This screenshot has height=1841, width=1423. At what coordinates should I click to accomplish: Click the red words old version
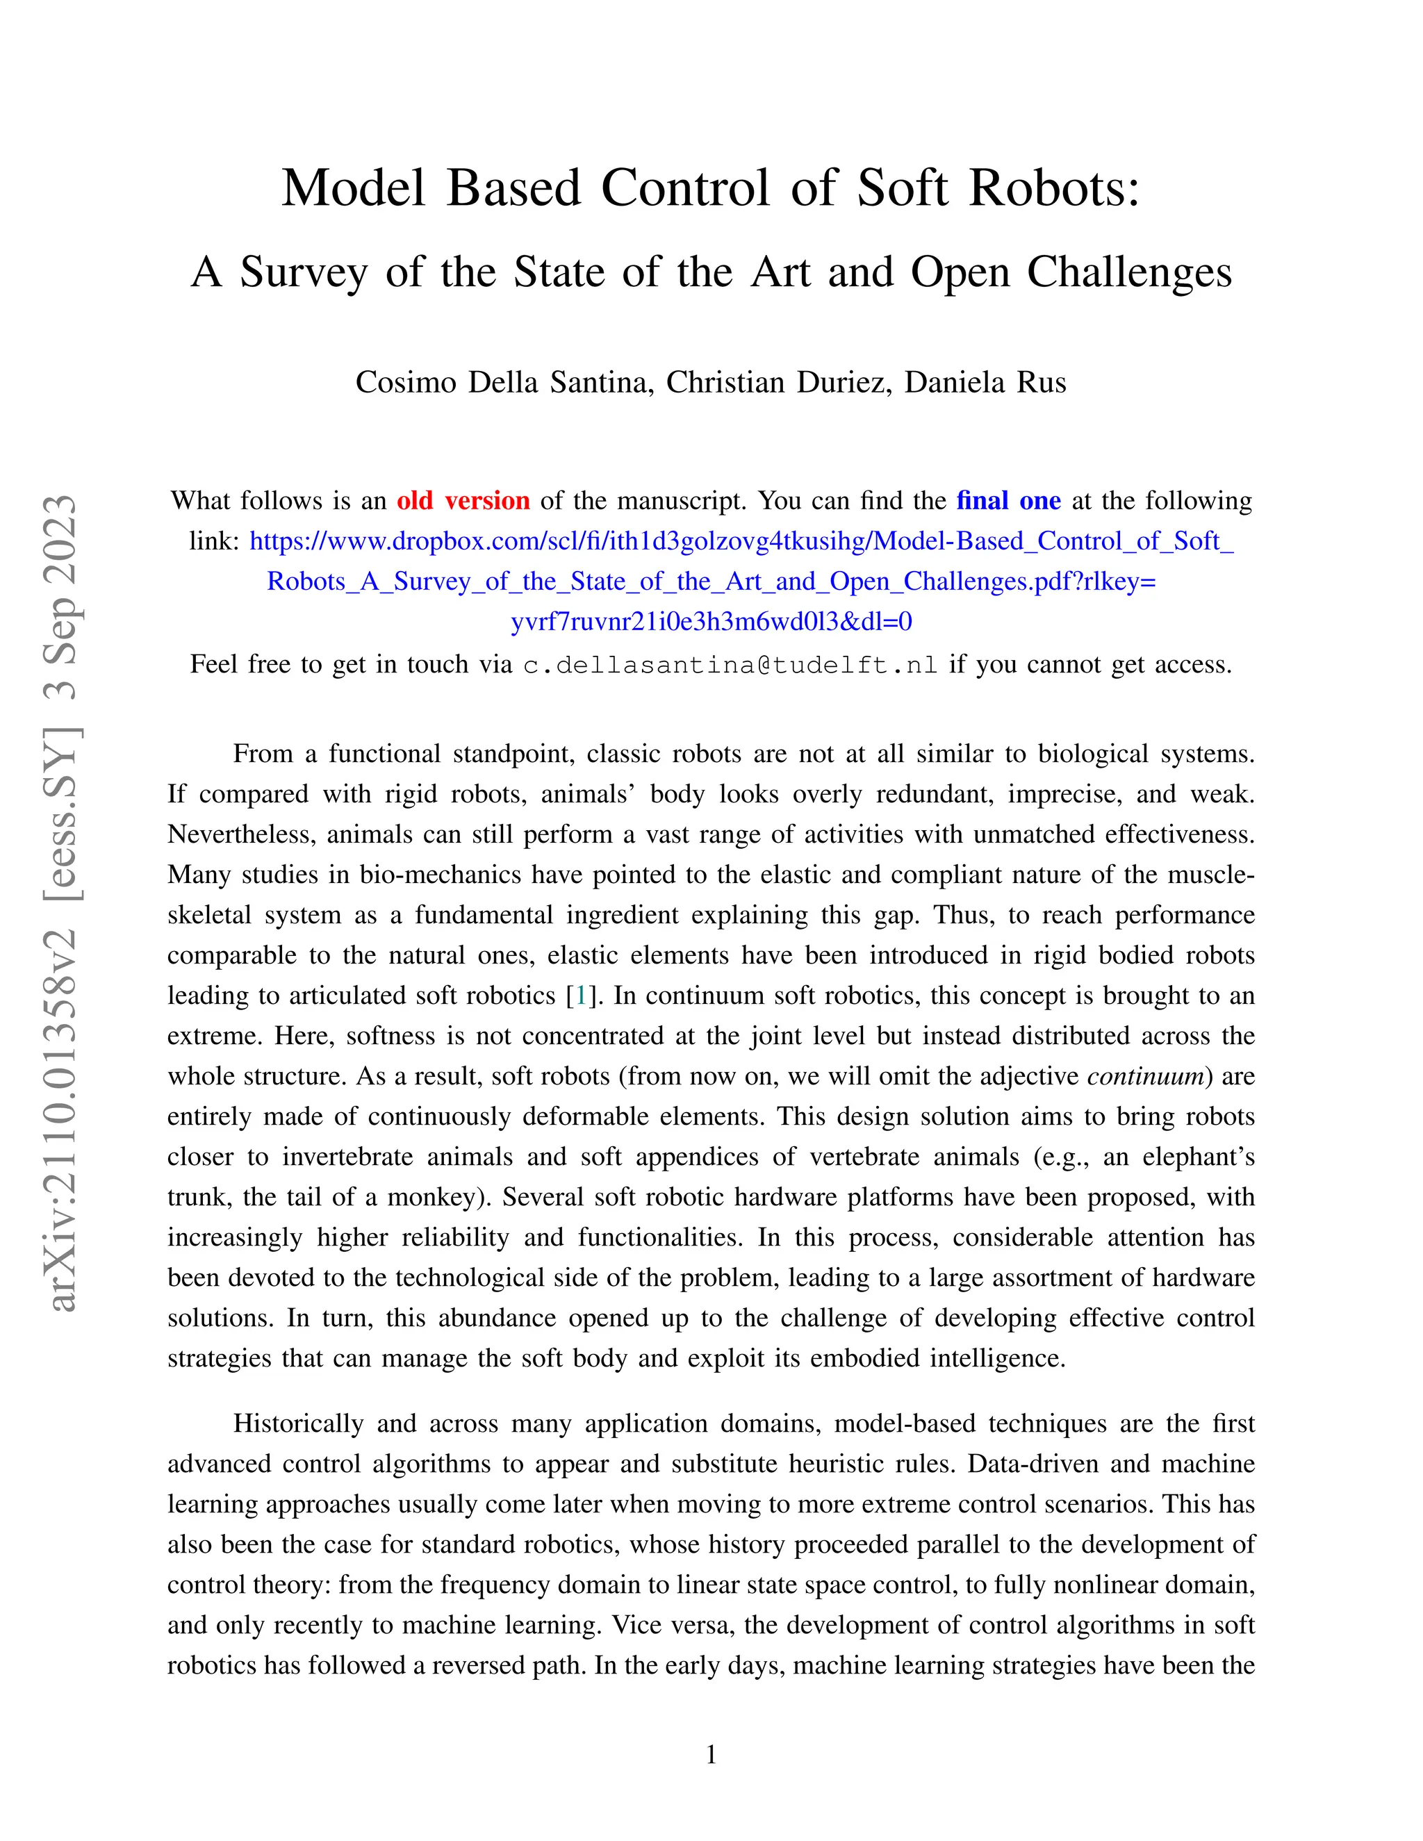[463, 501]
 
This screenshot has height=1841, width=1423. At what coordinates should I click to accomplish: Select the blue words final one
[1008, 501]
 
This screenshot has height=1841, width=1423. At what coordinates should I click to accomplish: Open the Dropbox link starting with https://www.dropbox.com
[742, 541]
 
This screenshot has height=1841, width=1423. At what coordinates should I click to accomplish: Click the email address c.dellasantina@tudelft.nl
[730, 665]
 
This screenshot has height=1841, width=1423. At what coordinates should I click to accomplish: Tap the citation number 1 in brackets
[580, 996]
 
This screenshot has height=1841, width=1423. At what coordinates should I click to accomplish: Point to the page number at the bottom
[711, 1754]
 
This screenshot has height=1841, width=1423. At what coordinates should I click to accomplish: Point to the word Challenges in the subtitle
[1129, 272]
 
